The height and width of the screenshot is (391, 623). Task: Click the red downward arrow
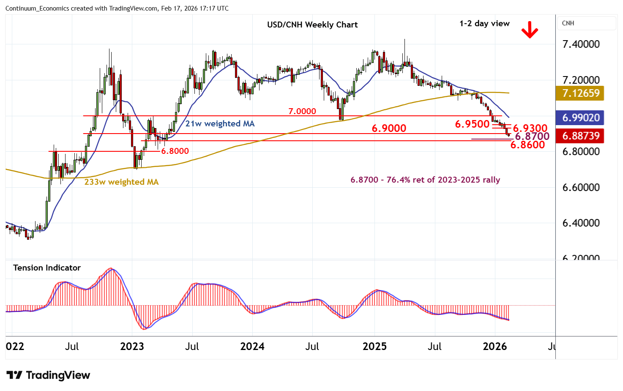[529, 30]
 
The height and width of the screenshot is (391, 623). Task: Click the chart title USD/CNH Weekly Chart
[312, 25]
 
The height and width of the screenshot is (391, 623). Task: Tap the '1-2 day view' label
[484, 24]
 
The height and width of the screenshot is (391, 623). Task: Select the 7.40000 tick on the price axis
[581, 44]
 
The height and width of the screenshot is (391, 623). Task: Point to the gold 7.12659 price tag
[581, 93]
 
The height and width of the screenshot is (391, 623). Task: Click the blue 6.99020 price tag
[581, 118]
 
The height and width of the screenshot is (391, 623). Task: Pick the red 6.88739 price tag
[581, 136]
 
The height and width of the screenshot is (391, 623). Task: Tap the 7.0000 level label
[302, 111]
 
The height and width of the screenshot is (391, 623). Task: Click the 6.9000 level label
[389, 128]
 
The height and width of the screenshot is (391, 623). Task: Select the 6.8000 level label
[175, 151]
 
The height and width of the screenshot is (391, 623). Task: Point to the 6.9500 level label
[472, 124]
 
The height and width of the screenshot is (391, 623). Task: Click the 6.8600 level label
[527, 145]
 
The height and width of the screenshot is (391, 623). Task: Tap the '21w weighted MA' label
[220, 123]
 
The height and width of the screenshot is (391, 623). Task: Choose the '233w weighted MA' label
[121, 182]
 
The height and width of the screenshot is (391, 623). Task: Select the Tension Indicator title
[47, 268]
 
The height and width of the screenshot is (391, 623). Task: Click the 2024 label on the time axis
[252, 347]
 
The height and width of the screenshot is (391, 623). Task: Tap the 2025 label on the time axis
[374, 347]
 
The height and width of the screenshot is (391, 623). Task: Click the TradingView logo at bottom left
[49, 375]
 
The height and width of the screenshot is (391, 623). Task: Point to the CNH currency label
[568, 23]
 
